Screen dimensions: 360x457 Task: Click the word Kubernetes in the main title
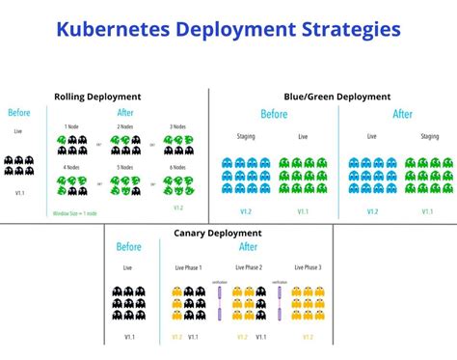pyautogui.click(x=113, y=29)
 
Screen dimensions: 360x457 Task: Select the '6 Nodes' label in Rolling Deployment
pyautogui.click(x=176, y=168)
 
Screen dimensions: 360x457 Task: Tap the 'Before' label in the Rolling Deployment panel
pyautogui.click(x=20, y=113)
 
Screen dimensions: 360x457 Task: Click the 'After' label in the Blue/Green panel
pyautogui.click(x=403, y=114)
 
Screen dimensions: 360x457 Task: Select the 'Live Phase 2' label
pyautogui.click(x=249, y=267)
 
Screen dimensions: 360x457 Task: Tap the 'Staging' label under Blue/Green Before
pyautogui.click(x=246, y=137)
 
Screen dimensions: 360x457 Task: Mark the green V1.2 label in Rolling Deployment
pyautogui.click(x=177, y=208)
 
